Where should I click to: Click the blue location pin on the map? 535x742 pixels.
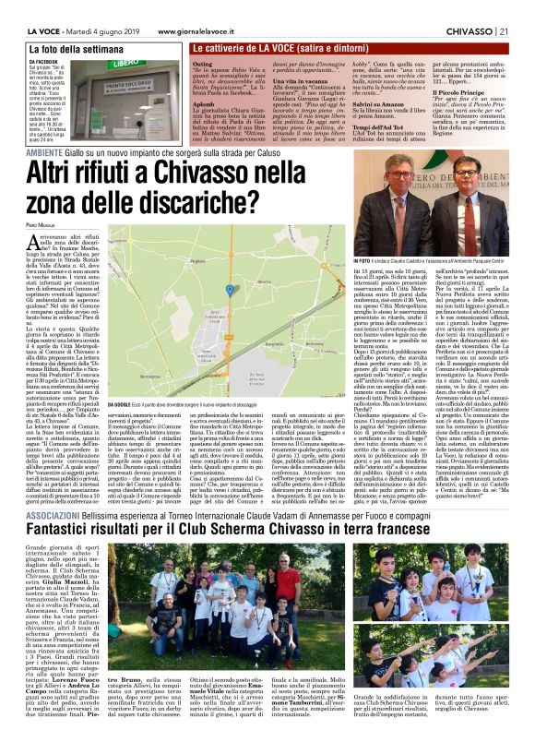(229, 289)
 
